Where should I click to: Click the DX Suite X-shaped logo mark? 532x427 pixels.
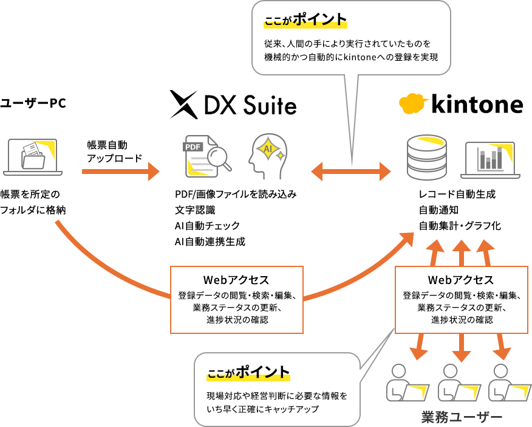click(x=183, y=105)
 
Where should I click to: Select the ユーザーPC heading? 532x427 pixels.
click(x=33, y=103)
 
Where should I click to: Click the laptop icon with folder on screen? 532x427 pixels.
click(x=33, y=157)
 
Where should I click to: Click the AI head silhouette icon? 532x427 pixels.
click(x=268, y=156)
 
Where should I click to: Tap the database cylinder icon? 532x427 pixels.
click(x=426, y=157)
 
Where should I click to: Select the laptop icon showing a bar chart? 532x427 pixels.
click(x=490, y=160)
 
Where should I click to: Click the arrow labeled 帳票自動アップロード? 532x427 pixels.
click(x=120, y=172)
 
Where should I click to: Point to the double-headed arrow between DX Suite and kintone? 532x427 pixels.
click(x=351, y=172)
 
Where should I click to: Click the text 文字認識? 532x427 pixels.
click(x=195, y=210)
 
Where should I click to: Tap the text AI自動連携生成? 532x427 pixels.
click(x=210, y=241)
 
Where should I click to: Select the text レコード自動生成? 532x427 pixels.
click(x=457, y=194)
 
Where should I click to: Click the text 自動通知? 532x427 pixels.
click(x=438, y=210)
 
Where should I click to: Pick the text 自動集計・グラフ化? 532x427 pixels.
click(x=460, y=226)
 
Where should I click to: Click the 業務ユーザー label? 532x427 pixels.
click(x=462, y=417)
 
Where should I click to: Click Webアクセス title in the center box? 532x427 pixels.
click(x=236, y=280)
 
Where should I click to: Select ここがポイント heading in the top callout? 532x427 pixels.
click(x=305, y=19)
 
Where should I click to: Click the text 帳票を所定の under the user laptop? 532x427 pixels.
click(x=30, y=194)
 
